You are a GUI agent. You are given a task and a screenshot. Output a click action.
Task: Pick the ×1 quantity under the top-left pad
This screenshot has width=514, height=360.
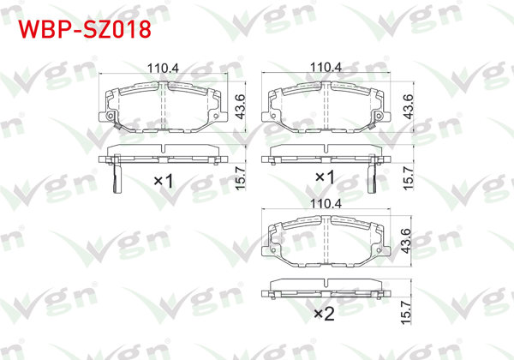pyautogui.click(x=163, y=181)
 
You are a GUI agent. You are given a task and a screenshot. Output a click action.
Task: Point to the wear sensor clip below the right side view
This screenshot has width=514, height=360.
pyautogui.click(x=372, y=178)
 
